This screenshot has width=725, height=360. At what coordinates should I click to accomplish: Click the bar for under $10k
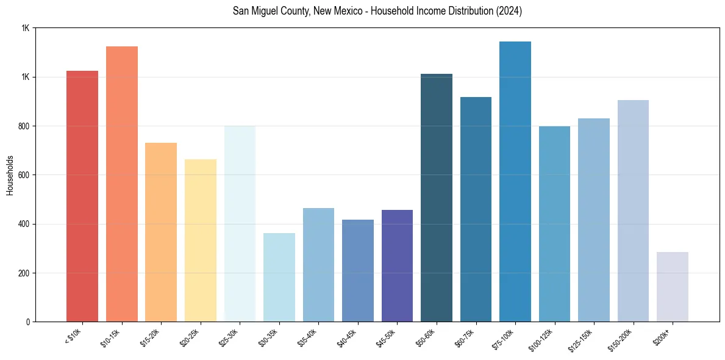tap(82, 196)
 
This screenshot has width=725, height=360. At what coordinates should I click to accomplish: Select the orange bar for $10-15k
tap(122, 184)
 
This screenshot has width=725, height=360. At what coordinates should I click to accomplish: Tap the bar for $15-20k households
tap(161, 232)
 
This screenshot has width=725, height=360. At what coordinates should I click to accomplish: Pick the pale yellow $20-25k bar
tap(201, 240)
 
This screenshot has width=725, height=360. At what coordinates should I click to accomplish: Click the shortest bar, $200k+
tap(673, 287)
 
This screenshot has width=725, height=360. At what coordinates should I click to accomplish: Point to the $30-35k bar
tap(279, 277)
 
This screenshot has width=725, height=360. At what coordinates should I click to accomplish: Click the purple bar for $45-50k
tap(397, 265)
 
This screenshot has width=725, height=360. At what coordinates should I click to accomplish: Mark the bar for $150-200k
tap(633, 211)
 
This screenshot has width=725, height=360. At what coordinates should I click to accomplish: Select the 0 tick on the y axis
tap(29, 322)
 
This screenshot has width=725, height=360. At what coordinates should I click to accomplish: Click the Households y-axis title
tap(10, 175)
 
